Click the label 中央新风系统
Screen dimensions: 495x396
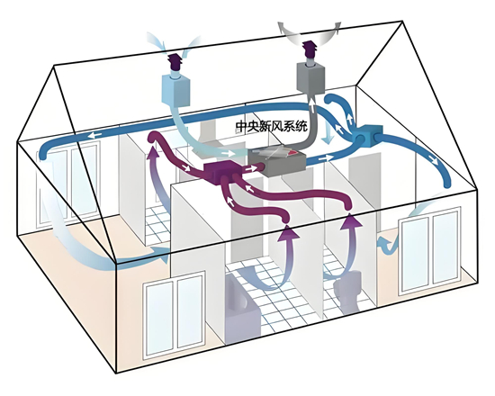(272, 127)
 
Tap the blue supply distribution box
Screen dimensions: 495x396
(369, 137)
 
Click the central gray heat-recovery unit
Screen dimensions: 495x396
(276, 163)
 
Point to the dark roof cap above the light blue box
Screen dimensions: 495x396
(175, 62)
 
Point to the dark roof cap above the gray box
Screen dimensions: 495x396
(310, 49)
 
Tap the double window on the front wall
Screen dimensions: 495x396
(175, 317)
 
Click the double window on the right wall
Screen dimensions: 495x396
(430, 251)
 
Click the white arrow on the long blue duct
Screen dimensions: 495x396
(94, 136)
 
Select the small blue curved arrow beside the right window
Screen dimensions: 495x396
(387, 244)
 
